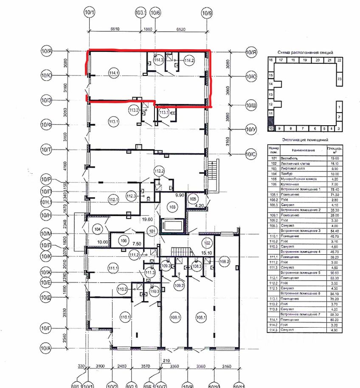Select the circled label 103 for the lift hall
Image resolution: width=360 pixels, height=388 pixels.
(x=172, y=207)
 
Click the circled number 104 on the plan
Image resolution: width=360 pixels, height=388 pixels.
(x=98, y=229)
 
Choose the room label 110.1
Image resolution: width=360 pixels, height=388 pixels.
(x=125, y=317)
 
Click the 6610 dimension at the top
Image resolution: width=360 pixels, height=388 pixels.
(x=115, y=28)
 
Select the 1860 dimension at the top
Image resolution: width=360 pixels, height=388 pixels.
(x=148, y=28)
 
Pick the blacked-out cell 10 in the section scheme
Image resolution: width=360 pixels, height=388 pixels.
(x=270, y=128)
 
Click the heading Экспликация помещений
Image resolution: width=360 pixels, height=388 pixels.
(x=304, y=139)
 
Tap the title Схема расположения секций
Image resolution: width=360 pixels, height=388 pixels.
(x=305, y=52)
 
